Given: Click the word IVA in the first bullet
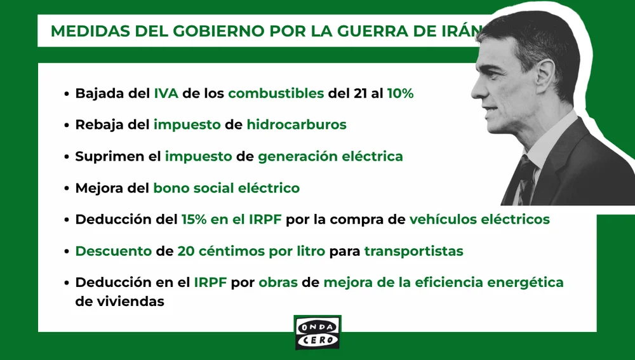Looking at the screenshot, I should (x=166, y=93).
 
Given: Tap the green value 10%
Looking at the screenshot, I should (x=400, y=93).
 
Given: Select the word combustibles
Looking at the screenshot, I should (x=276, y=93).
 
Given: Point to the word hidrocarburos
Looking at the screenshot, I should (x=297, y=124).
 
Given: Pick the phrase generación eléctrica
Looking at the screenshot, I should (x=330, y=156).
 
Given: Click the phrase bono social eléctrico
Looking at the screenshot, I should (x=226, y=188).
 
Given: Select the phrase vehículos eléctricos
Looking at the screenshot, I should (x=479, y=220).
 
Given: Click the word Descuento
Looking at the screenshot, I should (x=112, y=251).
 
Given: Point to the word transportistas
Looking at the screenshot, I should (x=413, y=251).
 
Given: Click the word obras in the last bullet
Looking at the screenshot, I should (x=277, y=282).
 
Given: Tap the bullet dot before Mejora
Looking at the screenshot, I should (x=67, y=189).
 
